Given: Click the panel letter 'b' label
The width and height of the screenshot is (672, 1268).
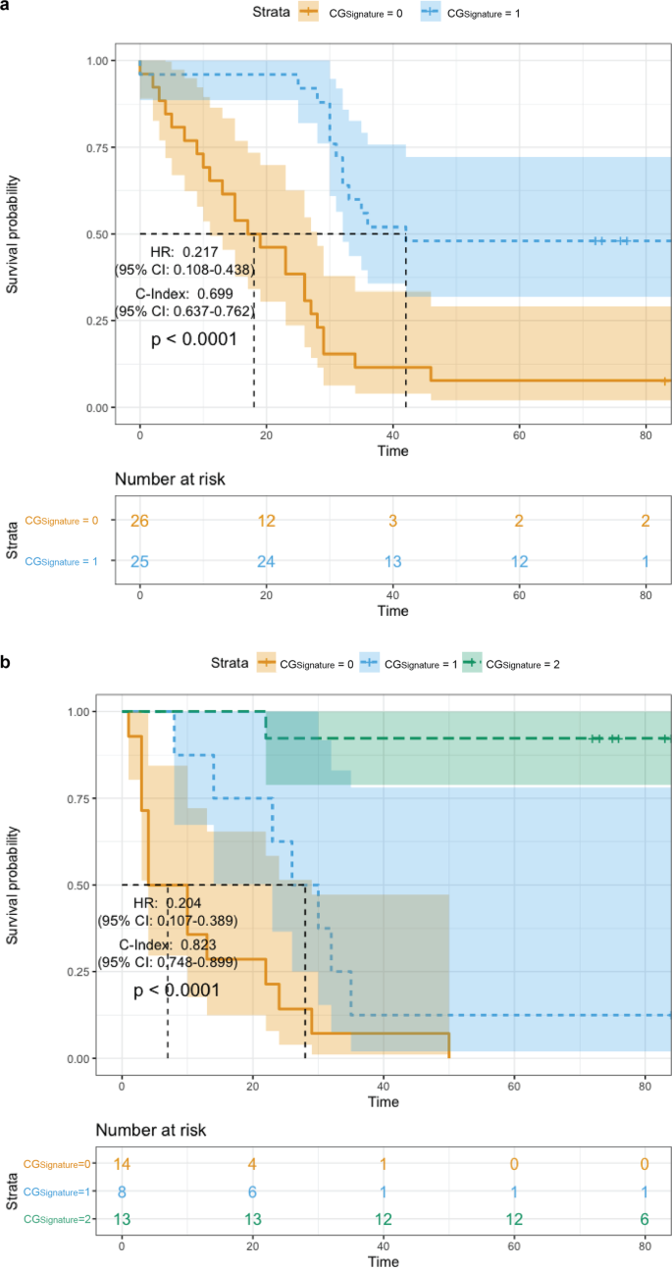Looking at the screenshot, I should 7,663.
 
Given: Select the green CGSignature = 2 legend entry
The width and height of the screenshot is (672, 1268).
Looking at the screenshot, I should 514,664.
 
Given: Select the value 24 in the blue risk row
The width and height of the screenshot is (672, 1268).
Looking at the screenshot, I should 267,561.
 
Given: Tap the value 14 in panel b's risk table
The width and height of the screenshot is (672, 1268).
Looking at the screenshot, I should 122,1164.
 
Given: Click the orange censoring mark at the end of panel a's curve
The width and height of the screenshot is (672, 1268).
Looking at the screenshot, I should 665,380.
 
